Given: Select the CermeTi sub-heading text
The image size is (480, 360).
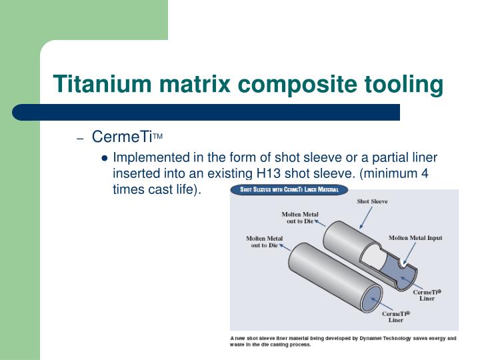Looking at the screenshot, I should coord(123,137).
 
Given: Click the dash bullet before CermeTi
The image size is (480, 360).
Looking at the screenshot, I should coord(80,139).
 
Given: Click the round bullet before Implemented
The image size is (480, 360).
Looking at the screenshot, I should coord(105,159).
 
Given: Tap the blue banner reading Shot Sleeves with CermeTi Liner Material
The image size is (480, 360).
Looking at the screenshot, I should coord(289,190).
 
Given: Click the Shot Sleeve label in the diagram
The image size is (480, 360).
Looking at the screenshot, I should coord(372,201).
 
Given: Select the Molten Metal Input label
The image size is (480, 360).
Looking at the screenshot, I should coord(415,238).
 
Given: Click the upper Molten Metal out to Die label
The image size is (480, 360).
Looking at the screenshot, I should coord(300,217).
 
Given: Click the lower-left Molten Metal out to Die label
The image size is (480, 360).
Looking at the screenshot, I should coord(264,241).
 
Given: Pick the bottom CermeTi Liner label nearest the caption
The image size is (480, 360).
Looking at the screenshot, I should coord(395,316).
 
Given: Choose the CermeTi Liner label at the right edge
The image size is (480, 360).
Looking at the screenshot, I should coord(427,295).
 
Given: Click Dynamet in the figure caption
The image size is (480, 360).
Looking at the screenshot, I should coord(373,339).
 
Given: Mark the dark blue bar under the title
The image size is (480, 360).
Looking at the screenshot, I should coord(207,112).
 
